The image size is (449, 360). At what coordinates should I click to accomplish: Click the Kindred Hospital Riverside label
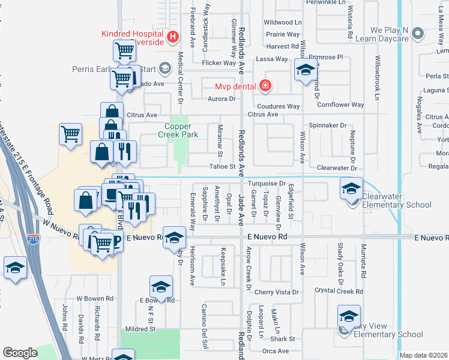(134, 38)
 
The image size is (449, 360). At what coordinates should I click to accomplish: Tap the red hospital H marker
(173, 37)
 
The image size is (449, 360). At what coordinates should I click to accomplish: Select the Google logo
(20, 353)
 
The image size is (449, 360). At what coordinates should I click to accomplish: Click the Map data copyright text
(424, 355)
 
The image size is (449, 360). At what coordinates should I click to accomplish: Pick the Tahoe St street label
(221, 167)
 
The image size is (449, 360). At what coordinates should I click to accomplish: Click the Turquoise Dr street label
(265, 183)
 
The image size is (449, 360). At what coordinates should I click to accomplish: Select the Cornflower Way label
(341, 104)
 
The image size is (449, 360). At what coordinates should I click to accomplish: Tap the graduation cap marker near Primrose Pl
(306, 71)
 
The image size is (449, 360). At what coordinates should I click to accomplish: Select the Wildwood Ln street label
(283, 22)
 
